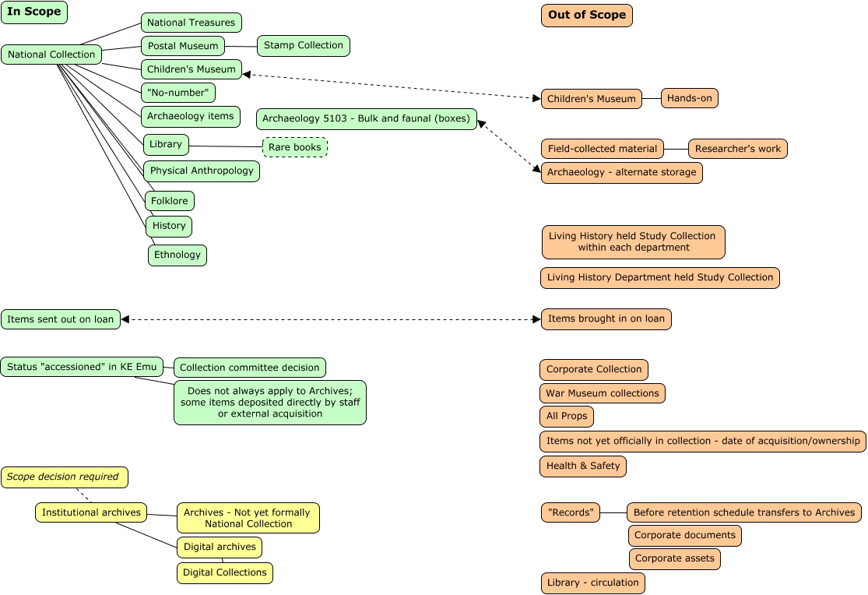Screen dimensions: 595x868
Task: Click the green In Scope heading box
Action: (x=34, y=12)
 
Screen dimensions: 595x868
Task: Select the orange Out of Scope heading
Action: (x=586, y=16)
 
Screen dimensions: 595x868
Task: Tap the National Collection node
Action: (x=51, y=55)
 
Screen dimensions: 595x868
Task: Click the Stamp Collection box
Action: (x=303, y=46)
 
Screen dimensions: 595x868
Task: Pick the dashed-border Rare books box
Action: (x=295, y=147)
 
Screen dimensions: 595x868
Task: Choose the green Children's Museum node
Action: (x=191, y=69)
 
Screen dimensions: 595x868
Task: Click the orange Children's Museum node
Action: (x=591, y=99)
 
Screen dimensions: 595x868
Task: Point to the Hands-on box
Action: (x=689, y=98)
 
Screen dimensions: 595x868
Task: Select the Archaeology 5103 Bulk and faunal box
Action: (x=366, y=119)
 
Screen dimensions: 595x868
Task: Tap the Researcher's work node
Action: (x=737, y=149)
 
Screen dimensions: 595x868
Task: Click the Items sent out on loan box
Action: (x=61, y=319)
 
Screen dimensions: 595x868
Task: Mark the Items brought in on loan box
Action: (x=606, y=319)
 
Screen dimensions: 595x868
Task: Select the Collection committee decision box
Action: (x=249, y=368)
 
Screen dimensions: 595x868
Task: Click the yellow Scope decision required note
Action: (x=64, y=477)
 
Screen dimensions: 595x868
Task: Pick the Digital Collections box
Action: (x=224, y=573)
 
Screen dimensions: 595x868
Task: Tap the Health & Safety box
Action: (x=582, y=466)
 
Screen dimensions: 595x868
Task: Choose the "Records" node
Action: (x=570, y=512)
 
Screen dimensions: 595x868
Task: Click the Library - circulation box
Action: (x=592, y=583)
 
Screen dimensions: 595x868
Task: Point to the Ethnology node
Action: (x=177, y=255)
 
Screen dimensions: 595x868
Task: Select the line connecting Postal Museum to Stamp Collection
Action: (x=241, y=47)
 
